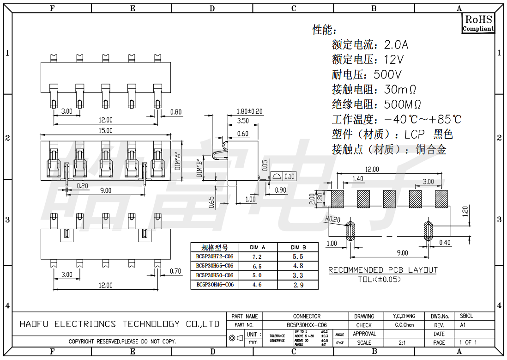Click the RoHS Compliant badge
(x=478, y=23)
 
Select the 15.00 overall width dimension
(x=106, y=131)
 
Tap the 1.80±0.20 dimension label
(x=249, y=111)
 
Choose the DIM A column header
(x=257, y=247)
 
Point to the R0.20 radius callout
(x=333, y=219)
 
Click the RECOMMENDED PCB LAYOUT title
(x=383, y=270)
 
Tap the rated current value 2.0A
(x=396, y=45)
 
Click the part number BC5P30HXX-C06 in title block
(x=307, y=325)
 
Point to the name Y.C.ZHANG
(x=404, y=316)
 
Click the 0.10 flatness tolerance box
(x=290, y=176)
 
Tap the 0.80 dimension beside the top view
(x=176, y=112)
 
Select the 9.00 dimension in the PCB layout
(x=403, y=252)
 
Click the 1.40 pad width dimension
(x=357, y=179)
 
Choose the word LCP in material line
(x=415, y=134)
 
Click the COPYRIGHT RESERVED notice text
(x=122, y=342)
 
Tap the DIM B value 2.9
(x=298, y=285)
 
